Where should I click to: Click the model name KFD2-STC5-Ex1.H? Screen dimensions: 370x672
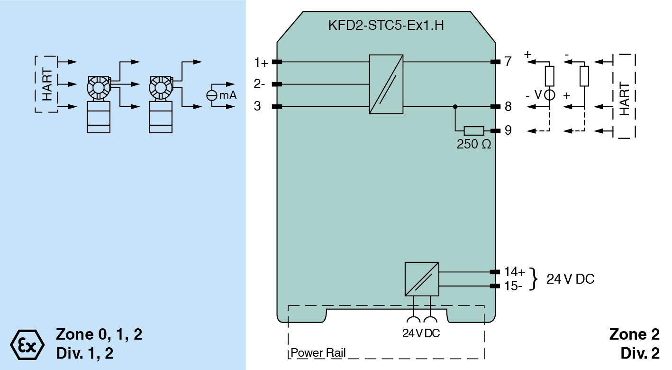386,25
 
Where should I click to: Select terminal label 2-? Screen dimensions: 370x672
259,84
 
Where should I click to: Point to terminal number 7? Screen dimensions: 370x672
508,62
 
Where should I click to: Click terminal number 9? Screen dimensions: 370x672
508,130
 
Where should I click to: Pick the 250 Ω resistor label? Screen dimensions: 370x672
473,144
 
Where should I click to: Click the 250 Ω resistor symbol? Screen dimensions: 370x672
473,130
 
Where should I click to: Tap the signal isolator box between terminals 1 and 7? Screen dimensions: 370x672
386,84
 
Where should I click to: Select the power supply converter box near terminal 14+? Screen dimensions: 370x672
422,279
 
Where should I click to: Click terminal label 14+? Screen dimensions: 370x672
515,272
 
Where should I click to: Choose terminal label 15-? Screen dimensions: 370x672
513,286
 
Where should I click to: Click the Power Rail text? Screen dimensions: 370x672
318,353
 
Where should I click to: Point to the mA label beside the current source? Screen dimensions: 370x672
227,95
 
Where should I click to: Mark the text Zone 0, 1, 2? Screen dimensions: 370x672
99,334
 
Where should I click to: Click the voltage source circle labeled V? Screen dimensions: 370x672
549,95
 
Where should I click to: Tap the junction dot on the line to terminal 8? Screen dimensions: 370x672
455,107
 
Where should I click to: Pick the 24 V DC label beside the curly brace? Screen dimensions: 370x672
570,279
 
